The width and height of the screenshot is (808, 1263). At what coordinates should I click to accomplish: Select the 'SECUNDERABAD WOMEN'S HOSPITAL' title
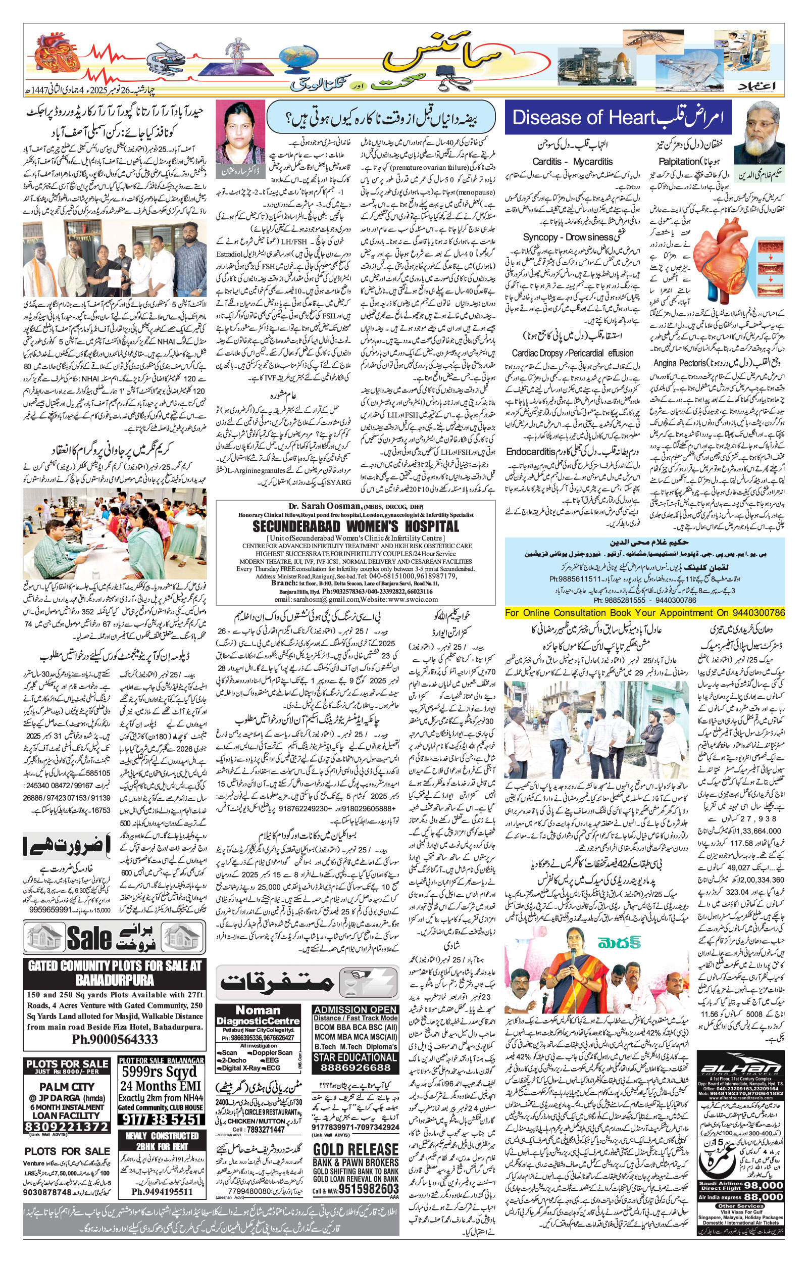pyautogui.click(x=355, y=526)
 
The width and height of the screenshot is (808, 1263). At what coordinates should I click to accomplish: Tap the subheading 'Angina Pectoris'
pyautogui.click(x=679, y=363)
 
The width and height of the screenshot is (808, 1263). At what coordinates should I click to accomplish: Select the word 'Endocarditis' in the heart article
pyautogui.click(x=530, y=452)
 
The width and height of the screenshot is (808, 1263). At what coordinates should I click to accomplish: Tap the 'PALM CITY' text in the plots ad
pyautogui.click(x=67, y=1087)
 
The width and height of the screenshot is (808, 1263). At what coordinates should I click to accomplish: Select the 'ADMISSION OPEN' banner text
pyautogui.click(x=355, y=1009)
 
